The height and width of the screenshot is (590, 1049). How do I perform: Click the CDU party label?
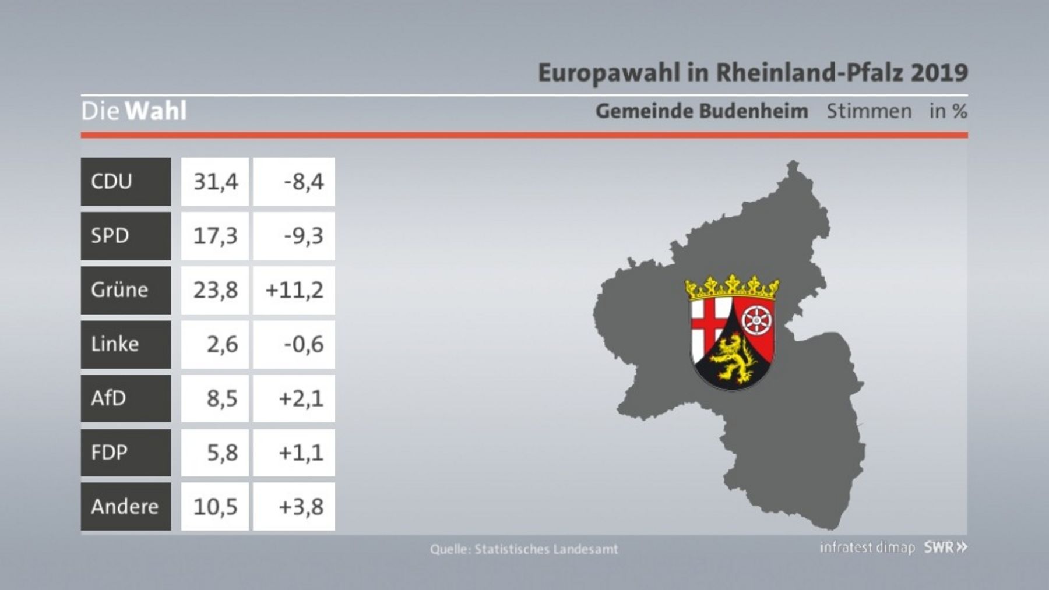(111, 181)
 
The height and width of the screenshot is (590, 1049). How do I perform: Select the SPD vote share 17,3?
(216, 236)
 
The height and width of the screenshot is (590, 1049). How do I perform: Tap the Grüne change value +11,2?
(294, 290)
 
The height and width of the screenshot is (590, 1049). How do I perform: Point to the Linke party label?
(115, 344)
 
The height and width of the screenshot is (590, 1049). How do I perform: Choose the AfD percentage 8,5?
(222, 398)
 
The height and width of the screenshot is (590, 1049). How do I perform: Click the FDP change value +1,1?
(301, 453)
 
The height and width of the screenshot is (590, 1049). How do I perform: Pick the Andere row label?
(125, 506)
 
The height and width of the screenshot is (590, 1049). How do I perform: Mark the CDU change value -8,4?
(304, 182)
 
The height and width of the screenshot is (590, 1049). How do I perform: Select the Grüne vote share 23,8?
(216, 290)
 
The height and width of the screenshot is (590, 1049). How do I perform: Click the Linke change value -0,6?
(304, 344)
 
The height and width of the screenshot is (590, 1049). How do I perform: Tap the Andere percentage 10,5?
(216, 507)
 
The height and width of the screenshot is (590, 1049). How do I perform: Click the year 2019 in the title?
(939, 73)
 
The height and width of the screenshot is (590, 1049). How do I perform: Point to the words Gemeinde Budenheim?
(702, 111)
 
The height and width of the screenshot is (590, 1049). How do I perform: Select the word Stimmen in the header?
(869, 111)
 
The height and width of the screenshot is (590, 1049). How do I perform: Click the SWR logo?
(945, 547)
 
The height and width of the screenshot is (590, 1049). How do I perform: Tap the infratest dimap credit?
(867, 547)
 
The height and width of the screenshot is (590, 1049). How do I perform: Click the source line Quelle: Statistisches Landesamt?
(524, 549)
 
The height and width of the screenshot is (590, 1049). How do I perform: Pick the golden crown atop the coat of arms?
(732, 287)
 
